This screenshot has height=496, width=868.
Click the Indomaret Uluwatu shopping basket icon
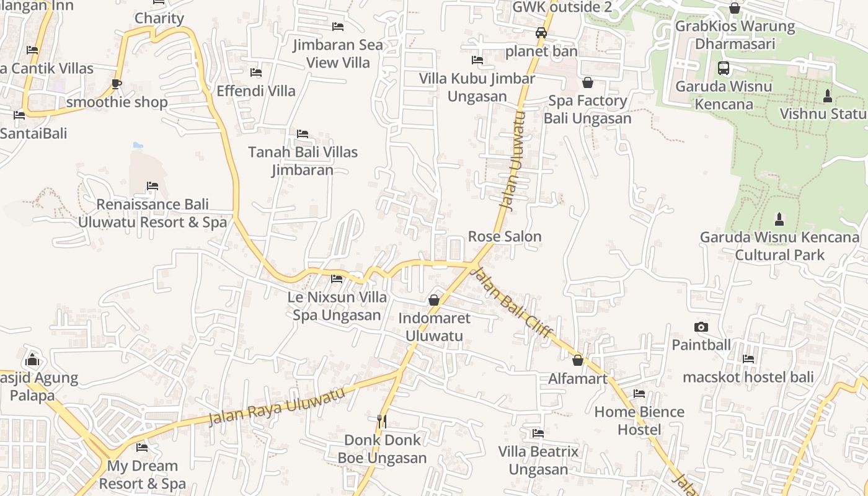[434, 300]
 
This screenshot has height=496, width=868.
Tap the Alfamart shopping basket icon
[578, 360]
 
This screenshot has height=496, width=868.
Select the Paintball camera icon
[701, 327]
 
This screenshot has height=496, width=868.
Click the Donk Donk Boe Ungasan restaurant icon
[382, 422]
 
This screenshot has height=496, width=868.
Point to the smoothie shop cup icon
[117, 84]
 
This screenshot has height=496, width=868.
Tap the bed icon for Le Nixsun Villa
[337, 279]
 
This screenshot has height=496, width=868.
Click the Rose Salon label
[505, 236]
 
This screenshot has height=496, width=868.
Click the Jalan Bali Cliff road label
[511, 303]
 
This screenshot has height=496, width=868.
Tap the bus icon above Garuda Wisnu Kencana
[724, 68]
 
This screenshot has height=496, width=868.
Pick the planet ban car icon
[541, 33]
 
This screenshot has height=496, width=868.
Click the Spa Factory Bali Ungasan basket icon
[588, 82]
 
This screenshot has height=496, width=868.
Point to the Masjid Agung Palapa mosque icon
[32, 359]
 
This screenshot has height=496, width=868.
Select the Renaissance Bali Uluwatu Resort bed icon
[153, 186]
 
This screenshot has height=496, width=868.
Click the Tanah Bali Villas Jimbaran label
[303, 161]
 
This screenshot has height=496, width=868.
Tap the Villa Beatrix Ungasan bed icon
[538, 433]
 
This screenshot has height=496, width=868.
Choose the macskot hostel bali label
[748, 377]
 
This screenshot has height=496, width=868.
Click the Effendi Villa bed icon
[255, 73]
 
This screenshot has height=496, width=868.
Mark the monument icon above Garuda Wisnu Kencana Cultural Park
[779, 219]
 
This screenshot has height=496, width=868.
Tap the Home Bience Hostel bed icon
[639, 394]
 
